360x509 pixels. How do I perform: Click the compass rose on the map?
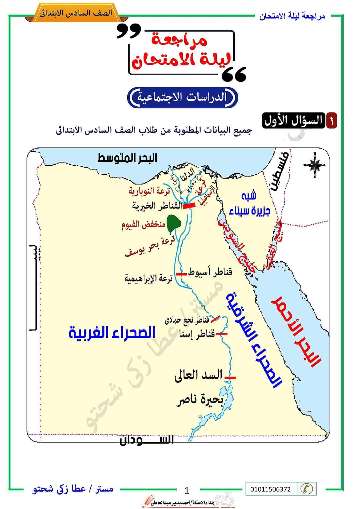(314, 165)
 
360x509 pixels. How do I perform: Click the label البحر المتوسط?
(127, 158)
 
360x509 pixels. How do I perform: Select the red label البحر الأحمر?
(296, 331)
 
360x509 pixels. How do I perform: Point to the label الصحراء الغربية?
(112, 333)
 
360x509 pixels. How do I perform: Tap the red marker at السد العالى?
(230, 378)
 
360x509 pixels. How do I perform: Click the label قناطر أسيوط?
(210, 272)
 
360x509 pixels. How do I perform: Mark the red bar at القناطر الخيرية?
(189, 206)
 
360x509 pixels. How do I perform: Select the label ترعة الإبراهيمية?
(148, 278)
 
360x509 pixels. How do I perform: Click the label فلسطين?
(279, 171)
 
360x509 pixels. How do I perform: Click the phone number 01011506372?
(270, 489)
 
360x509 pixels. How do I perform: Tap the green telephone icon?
(306, 489)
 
